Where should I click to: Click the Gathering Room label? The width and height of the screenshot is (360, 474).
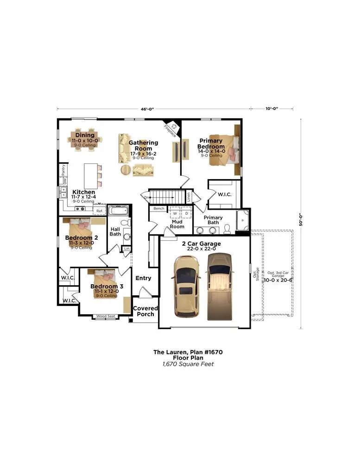pos(143,146)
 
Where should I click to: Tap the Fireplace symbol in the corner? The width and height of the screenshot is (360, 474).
pos(172,127)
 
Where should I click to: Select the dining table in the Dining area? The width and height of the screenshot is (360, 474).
pos(85,139)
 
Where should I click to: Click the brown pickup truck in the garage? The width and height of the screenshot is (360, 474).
pos(220,287)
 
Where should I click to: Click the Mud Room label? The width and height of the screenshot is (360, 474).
pos(177,224)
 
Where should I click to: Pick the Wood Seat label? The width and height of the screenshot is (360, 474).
pos(106,317)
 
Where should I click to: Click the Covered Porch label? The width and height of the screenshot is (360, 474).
pos(145,311)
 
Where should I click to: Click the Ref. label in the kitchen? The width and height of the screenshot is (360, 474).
pos(99,211)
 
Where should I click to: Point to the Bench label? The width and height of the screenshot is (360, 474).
pos(159,209)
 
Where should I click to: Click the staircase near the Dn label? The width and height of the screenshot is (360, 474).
pos(167,197)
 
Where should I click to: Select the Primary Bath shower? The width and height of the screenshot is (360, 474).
pos(242,220)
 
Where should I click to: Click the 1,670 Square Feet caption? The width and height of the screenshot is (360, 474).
pos(188,364)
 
